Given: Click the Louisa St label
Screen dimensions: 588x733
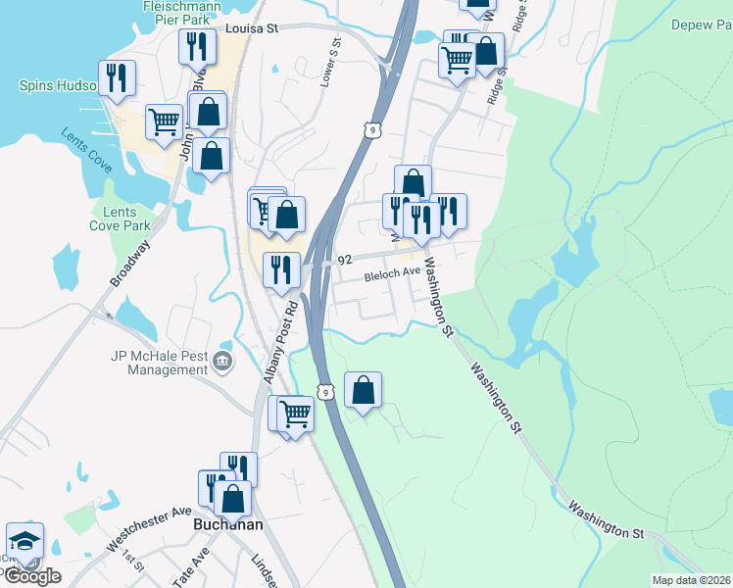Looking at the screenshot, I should coord(252,29).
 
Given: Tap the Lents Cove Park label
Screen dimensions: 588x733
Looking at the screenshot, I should coord(121,219).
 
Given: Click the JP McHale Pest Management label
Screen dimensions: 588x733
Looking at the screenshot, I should coord(160,363).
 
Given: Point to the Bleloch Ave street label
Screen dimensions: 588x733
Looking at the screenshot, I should coord(392,276).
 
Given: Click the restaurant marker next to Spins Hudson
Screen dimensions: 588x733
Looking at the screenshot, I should coord(118,77).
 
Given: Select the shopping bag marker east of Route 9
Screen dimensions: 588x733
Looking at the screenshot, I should coord(363,390).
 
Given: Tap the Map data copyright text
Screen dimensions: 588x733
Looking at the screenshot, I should coord(690,580).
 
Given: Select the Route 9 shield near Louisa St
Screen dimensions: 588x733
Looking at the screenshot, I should coord(368,129).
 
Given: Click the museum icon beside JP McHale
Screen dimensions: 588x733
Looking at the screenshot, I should coord(223,363).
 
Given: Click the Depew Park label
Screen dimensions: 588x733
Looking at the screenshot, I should coord(702,24).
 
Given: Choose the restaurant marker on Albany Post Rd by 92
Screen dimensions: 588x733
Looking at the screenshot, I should coord(281,269).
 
